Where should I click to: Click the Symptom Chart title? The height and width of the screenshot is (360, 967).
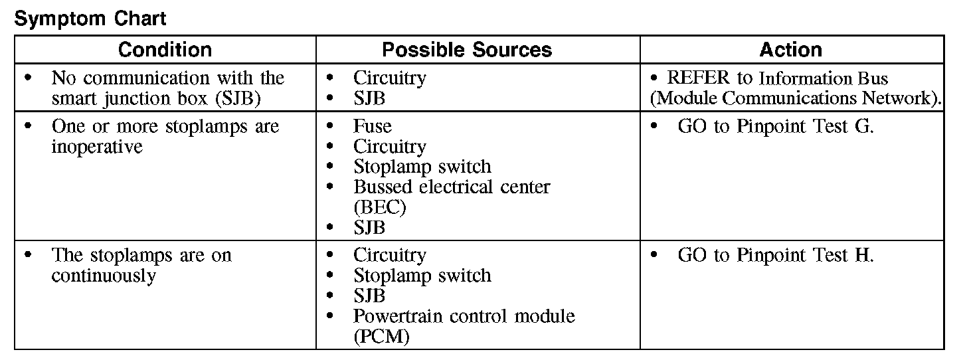pos(90,19)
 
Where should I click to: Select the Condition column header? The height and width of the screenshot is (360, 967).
pos(165,50)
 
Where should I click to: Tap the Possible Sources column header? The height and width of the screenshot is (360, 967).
pos(467,50)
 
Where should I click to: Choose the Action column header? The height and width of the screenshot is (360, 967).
pos(790,50)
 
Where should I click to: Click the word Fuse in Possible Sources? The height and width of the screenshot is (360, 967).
pos(372,126)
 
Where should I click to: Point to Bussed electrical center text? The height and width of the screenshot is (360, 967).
pos(451,187)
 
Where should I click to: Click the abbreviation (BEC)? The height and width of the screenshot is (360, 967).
pos(379,207)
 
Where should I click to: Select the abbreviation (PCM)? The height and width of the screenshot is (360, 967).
pos(381,336)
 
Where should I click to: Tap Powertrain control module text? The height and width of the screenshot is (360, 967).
pos(464,316)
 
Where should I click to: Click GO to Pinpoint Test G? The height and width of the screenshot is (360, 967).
pos(775,126)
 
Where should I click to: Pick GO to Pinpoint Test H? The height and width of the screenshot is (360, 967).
pos(775,255)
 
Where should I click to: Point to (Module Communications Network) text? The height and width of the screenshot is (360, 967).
pos(796,98)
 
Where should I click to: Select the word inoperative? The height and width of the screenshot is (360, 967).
pos(97,146)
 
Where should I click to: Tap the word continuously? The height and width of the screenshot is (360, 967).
pos(103,276)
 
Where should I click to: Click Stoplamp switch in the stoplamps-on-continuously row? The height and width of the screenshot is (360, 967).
pos(422,276)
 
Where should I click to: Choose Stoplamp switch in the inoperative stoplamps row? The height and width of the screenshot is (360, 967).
pos(422,166)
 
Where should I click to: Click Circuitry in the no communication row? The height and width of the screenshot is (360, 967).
pos(389,78)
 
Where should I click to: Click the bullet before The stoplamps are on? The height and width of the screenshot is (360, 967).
pos(28,256)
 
